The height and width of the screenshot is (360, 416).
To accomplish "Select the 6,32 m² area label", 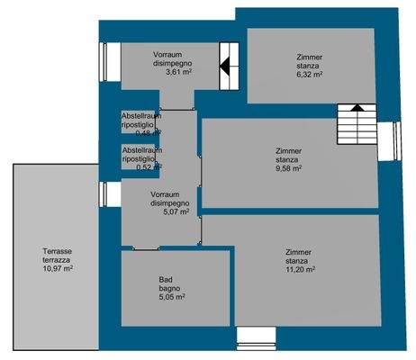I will coord(310,76).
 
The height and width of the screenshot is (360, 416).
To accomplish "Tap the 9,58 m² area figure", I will coord(288,166).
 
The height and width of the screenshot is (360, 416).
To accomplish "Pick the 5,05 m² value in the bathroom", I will coord(172,296).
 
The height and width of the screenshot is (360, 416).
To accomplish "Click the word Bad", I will coord(167,278).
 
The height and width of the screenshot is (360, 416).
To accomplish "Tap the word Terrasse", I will coord(58,251).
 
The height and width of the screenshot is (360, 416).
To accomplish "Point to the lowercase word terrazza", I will coord(58,260).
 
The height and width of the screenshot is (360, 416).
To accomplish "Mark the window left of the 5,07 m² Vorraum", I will coord(104,193).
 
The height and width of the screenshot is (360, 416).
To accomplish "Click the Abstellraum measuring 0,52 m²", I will coord(141,157).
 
